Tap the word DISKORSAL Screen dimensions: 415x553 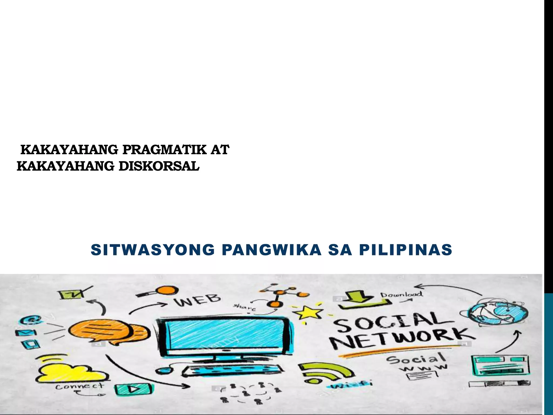click(159, 166)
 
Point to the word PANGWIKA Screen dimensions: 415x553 click(271, 250)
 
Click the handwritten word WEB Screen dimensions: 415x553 click(198, 300)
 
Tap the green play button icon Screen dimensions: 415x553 click(133, 389)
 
